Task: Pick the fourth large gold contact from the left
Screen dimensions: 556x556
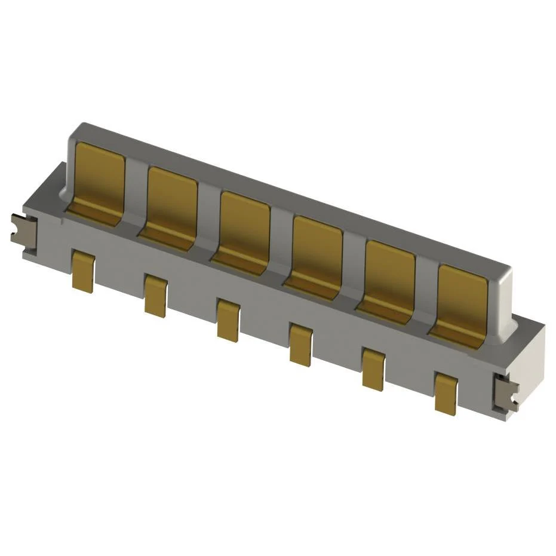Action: [x=317, y=254]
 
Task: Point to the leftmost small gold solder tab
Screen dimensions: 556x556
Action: [x=83, y=271]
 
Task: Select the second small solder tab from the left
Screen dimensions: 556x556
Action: [x=155, y=296]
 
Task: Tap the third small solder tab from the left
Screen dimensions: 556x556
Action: [x=228, y=320]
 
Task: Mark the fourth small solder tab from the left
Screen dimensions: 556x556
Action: [x=300, y=344]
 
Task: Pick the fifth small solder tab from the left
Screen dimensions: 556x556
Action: [x=373, y=369]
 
